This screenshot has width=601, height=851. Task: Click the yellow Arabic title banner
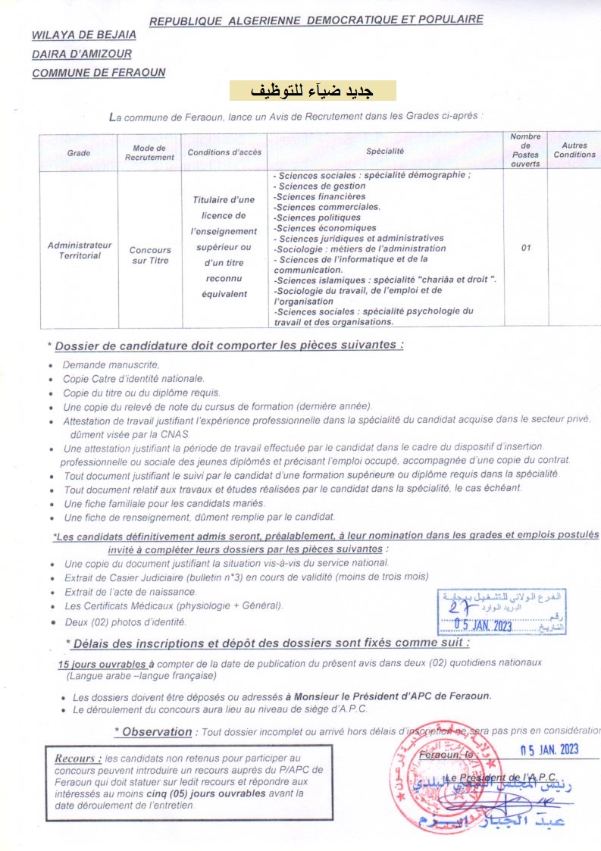[313, 90]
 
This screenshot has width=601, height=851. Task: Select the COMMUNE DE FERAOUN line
[99, 73]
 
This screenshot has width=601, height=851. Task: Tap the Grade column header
[78, 152]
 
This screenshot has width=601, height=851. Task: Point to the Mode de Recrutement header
[149, 152]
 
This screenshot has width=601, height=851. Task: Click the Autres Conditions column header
[574, 150]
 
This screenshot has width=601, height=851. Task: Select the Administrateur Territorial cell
[80, 250]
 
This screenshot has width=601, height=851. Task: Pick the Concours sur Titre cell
[150, 255]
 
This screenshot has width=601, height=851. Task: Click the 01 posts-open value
[526, 247]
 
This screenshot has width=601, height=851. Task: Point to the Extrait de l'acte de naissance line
[130, 591]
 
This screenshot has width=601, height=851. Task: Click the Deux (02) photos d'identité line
[125, 621]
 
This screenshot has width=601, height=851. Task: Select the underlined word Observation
[157, 731]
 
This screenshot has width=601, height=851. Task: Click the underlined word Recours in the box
[78, 758]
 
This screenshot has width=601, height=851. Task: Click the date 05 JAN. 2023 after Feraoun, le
[548, 750]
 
